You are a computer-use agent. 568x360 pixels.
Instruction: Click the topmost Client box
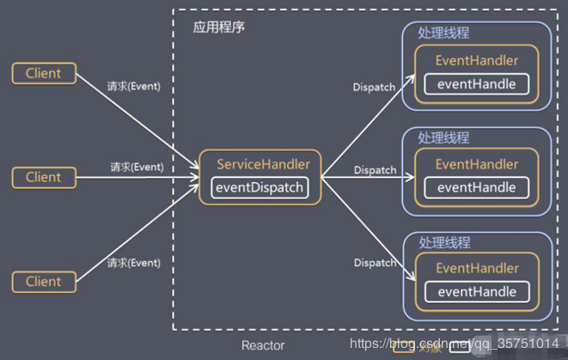[43, 73]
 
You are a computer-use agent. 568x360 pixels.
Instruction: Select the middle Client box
[43, 178]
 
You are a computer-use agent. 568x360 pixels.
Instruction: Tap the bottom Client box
[43, 282]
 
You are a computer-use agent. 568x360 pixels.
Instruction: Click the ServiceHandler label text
[263, 164]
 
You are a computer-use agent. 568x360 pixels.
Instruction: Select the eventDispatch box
[261, 187]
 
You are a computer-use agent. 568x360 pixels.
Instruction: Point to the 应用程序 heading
[218, 27]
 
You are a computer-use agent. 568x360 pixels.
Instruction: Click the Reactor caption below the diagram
[263, 345]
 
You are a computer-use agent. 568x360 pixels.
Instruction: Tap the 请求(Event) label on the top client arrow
[133, 86]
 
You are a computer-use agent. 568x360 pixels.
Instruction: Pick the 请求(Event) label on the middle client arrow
[137, 167]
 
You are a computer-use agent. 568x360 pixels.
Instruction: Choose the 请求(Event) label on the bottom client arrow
[133, 263]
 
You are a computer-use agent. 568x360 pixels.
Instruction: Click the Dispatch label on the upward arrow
[375, 88]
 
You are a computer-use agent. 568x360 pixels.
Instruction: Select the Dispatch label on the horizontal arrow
[375, 170]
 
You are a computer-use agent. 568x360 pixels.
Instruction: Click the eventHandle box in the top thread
[477, 84]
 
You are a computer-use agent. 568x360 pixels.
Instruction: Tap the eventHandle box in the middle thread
[477, 187]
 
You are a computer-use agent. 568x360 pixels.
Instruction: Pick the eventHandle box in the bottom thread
[477, 292]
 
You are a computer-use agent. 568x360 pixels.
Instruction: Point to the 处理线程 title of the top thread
[443, 33]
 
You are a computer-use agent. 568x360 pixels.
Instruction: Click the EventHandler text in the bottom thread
[477, 268]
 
